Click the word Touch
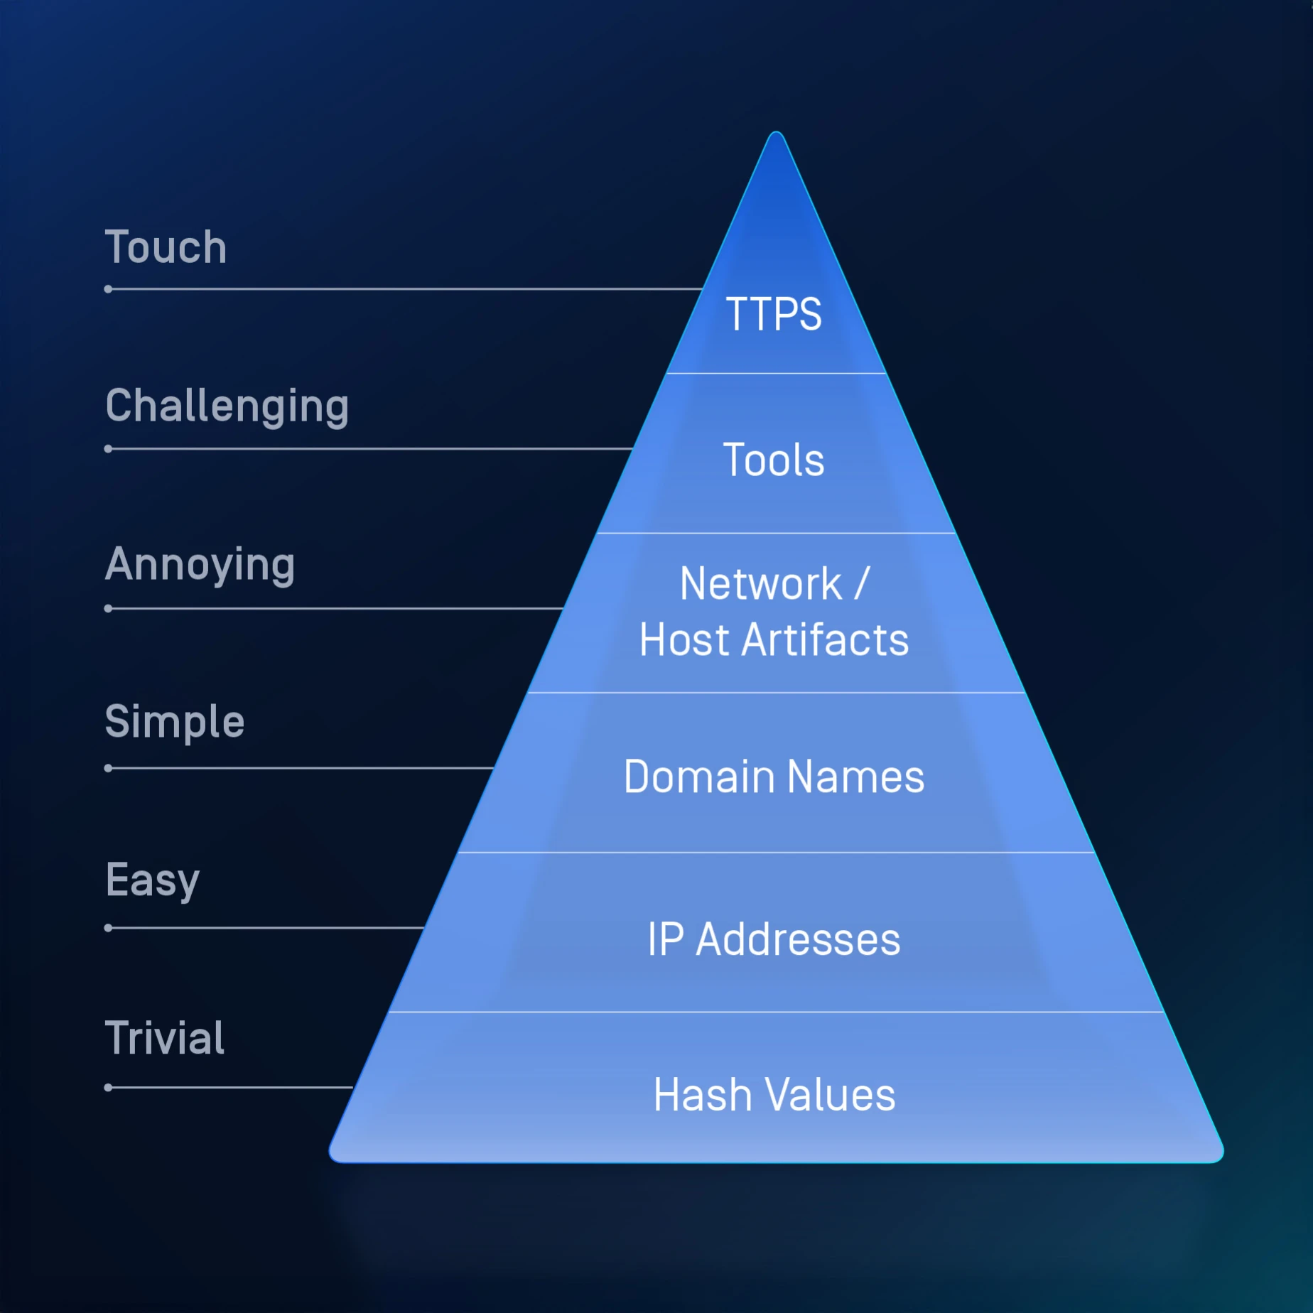pos(166,247)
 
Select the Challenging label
pos(227,406)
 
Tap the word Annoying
pos(200,565)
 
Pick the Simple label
pos(174,722)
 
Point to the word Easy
pos(152,881)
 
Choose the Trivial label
pos(164,1038)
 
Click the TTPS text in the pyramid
pos(774,314)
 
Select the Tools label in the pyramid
pos(774,460)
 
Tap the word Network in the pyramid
pos(760,584)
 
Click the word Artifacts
pos(825,640)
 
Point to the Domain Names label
pos(774,777)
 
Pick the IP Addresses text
pos(774,939)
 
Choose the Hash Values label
pos(774,1095)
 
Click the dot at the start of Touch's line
pos(108,289)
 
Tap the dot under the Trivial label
pos(108,1087)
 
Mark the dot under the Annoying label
pos(108,608)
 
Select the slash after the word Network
pos(862,584)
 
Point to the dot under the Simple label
pos(108,768)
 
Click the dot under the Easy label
pos(108,928)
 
